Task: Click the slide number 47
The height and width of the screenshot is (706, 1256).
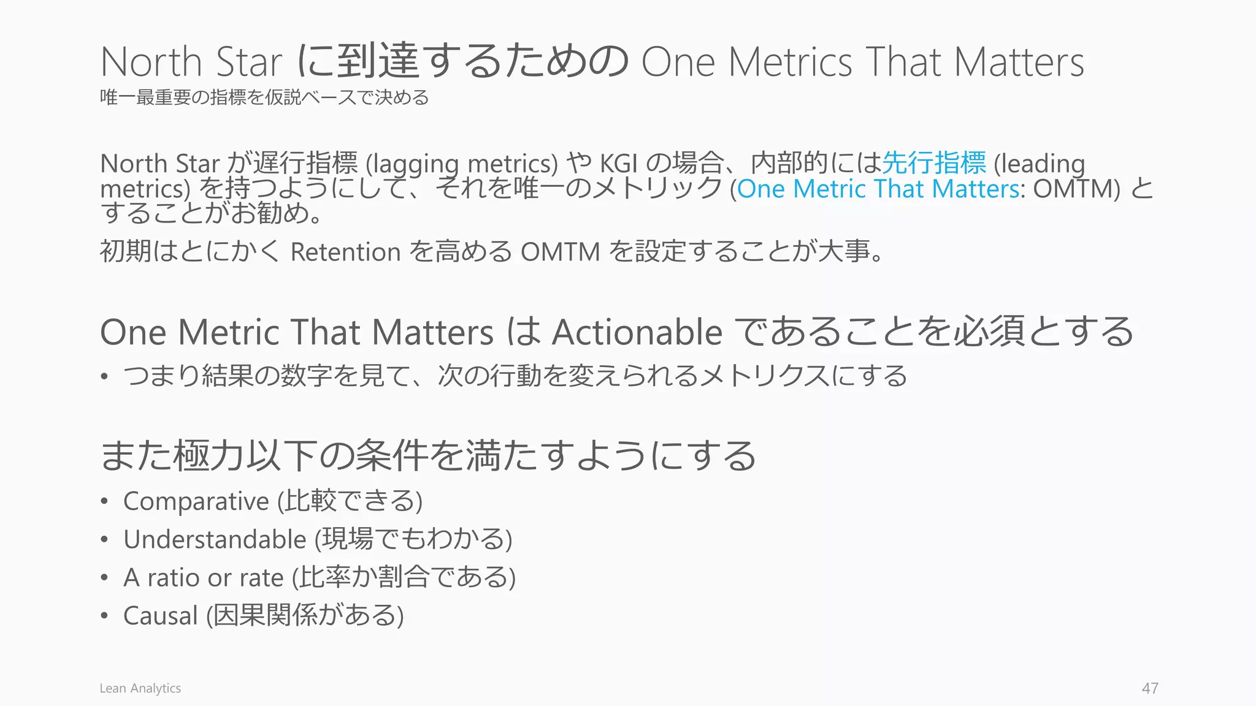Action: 1150,688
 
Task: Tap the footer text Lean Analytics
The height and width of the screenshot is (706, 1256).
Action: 140,688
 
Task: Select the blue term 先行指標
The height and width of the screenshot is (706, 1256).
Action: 934,163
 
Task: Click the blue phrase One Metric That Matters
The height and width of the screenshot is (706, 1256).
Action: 878,189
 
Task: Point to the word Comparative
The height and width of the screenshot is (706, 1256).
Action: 196,501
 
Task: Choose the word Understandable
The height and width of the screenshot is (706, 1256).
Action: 215,539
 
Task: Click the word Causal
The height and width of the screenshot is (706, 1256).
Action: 161,616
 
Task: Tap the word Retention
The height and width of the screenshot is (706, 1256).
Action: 345,252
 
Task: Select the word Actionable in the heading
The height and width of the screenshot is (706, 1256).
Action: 637,333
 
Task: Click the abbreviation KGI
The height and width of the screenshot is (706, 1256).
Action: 619,164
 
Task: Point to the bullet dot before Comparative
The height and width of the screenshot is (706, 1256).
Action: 105,501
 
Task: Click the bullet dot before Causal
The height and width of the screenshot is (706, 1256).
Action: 105,616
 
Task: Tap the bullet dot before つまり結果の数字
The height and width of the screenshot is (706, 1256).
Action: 105,376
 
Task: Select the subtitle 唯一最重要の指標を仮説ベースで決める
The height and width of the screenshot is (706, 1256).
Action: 264,97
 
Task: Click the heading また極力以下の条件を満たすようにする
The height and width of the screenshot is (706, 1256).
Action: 427,456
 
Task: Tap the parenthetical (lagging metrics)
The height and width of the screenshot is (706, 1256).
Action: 462,164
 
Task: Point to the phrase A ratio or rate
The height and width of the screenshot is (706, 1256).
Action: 204,578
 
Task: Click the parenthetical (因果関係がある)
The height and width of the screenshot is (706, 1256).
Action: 305,616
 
